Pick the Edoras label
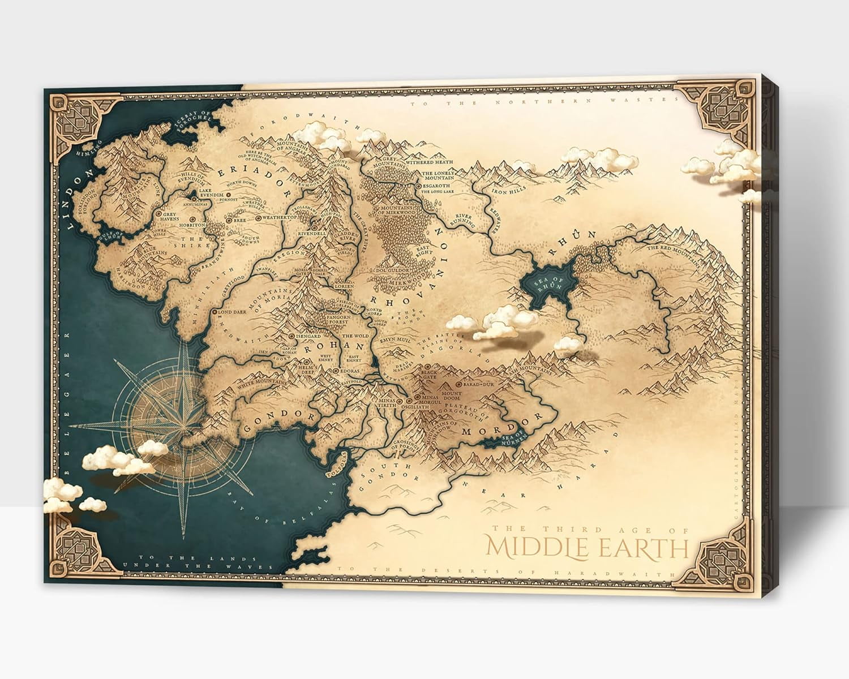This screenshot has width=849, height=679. [350, 371]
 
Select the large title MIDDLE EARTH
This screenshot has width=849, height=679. [588, 547]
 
